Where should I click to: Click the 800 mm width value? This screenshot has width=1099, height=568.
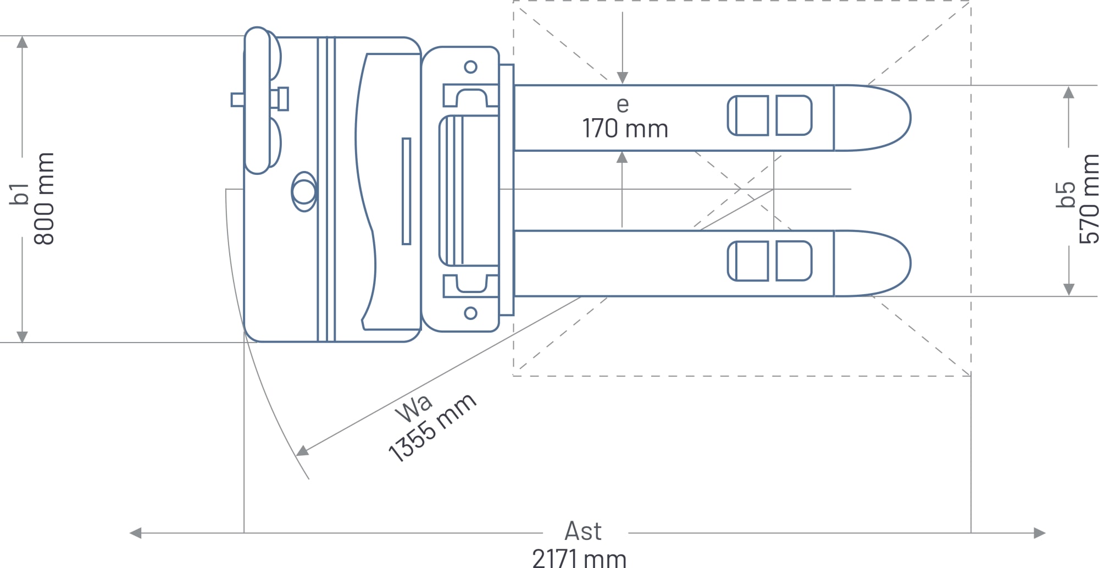point(45,198)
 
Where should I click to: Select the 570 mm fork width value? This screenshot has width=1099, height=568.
point(1088,198)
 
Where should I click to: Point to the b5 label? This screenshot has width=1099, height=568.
point(1065,195)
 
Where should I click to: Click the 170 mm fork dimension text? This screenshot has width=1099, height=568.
point(625,129)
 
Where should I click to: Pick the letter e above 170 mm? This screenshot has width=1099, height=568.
point(622,104)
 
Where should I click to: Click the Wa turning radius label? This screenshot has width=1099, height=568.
point(414,408)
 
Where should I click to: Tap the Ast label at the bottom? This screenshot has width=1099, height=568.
point(583,531)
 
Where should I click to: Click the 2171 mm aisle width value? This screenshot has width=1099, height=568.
point(579,559)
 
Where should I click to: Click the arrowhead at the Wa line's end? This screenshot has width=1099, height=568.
point(302,451)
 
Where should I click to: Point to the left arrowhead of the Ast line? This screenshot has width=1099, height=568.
point(135,533)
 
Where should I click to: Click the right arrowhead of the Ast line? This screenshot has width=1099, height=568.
point(1039,533)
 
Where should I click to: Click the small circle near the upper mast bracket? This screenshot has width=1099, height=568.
point(470,67)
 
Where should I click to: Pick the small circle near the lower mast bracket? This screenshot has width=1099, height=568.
point(470,313)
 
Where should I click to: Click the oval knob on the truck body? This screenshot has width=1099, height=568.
point(304,191)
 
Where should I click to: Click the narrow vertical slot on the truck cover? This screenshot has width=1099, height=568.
point(407,191)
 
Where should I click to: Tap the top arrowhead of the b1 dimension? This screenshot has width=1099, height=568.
point(22,42)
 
